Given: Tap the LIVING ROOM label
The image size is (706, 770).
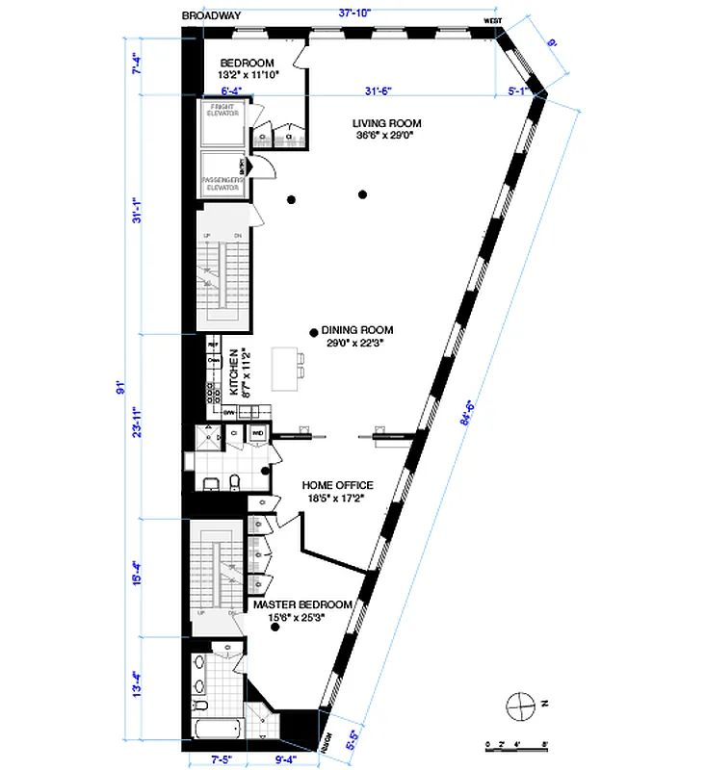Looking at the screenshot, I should point(382,129).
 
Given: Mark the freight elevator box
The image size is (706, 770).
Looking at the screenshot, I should point(222,122).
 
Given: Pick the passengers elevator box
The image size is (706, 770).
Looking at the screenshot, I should point(222,173).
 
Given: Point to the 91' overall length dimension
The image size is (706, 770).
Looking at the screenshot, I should point(121,388).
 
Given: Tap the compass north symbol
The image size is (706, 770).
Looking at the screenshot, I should point(521,705).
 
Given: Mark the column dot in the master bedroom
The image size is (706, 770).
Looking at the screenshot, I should point(275,629).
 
